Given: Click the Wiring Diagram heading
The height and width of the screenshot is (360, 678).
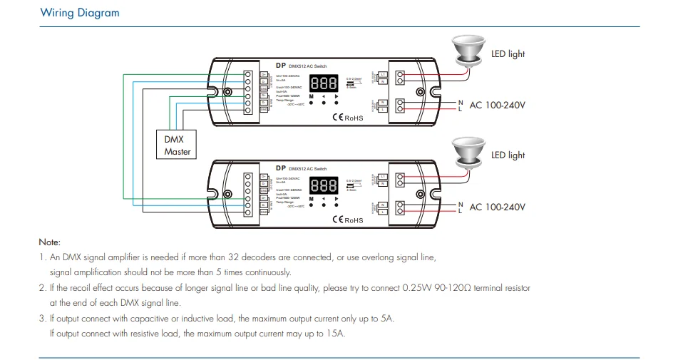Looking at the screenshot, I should (x=80, y=13).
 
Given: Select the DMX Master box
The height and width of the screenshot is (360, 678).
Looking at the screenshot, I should (x=177, y=145).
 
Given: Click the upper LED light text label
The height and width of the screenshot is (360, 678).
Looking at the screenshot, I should (x=508, y=54).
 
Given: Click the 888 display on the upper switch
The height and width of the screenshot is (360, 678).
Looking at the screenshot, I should (x=323, y=83).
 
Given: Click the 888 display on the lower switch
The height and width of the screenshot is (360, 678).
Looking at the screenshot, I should (x=323, y=185).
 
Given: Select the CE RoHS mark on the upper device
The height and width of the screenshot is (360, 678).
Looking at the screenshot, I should (x=347, y=118).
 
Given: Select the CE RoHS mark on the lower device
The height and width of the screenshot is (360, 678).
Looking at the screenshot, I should (x=347, y=220).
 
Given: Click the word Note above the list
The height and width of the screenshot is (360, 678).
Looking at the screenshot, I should (x=49, y=242).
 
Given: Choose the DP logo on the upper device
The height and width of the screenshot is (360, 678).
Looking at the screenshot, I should (x=280, y=65).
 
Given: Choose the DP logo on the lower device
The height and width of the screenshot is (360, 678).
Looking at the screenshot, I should (x=280, y=168).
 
